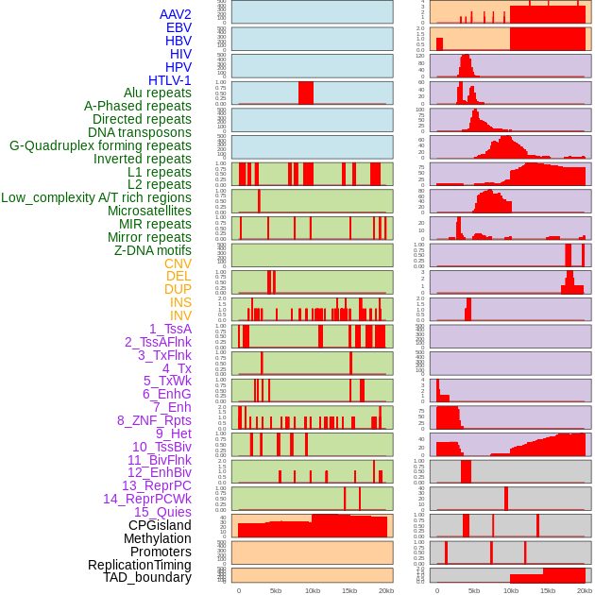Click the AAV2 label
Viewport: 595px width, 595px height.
(176, 14)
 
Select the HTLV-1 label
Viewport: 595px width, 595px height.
(170, 80)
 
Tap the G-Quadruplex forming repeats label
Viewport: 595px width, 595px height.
(100, 145)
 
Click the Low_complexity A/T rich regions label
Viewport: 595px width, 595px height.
(96, 197)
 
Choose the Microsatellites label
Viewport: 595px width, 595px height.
(149, 211)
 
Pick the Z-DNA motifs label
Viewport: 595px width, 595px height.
(153, 250)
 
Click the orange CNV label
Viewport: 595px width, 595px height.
(178, 263)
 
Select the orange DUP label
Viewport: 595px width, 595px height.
(178, 289)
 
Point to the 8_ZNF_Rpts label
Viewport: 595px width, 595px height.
(154, 420)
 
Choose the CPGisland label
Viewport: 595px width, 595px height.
(160, 525)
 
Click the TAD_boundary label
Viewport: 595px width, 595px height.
(147, 577)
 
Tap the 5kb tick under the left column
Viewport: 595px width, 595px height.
(276, 590)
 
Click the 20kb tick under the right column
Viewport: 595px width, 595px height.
(585, 590)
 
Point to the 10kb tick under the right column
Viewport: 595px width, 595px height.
(511, 590)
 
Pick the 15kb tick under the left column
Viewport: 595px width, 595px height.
(348, 590)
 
